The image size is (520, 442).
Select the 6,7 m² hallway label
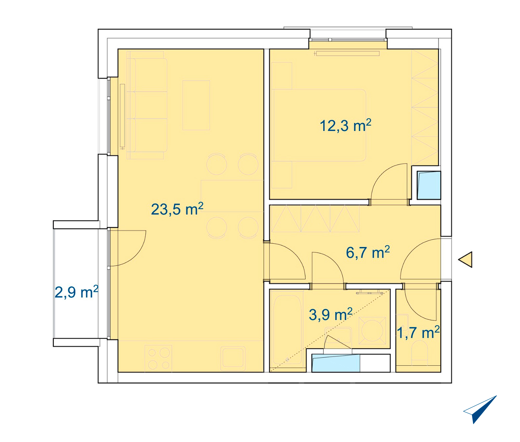tap(368, 252)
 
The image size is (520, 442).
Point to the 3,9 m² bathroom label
tap(331, 314)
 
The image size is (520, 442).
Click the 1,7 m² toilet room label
tap(418, 333)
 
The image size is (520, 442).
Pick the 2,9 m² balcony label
tap(76, 292)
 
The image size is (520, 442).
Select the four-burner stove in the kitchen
tap(158, 358)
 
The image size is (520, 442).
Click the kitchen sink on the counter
tap(233, 358)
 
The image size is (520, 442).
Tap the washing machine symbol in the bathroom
tap(372, 330)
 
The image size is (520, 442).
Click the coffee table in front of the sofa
tap(196, 105)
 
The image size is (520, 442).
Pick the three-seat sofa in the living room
tap(147, 105)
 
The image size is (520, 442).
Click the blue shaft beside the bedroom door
tap(429, 185)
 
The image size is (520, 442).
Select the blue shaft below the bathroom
tap(336, 363)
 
